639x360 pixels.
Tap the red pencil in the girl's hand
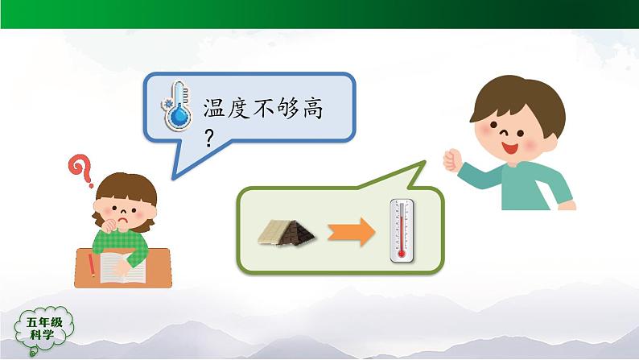(93, 266)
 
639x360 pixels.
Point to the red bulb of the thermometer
(400, 252)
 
